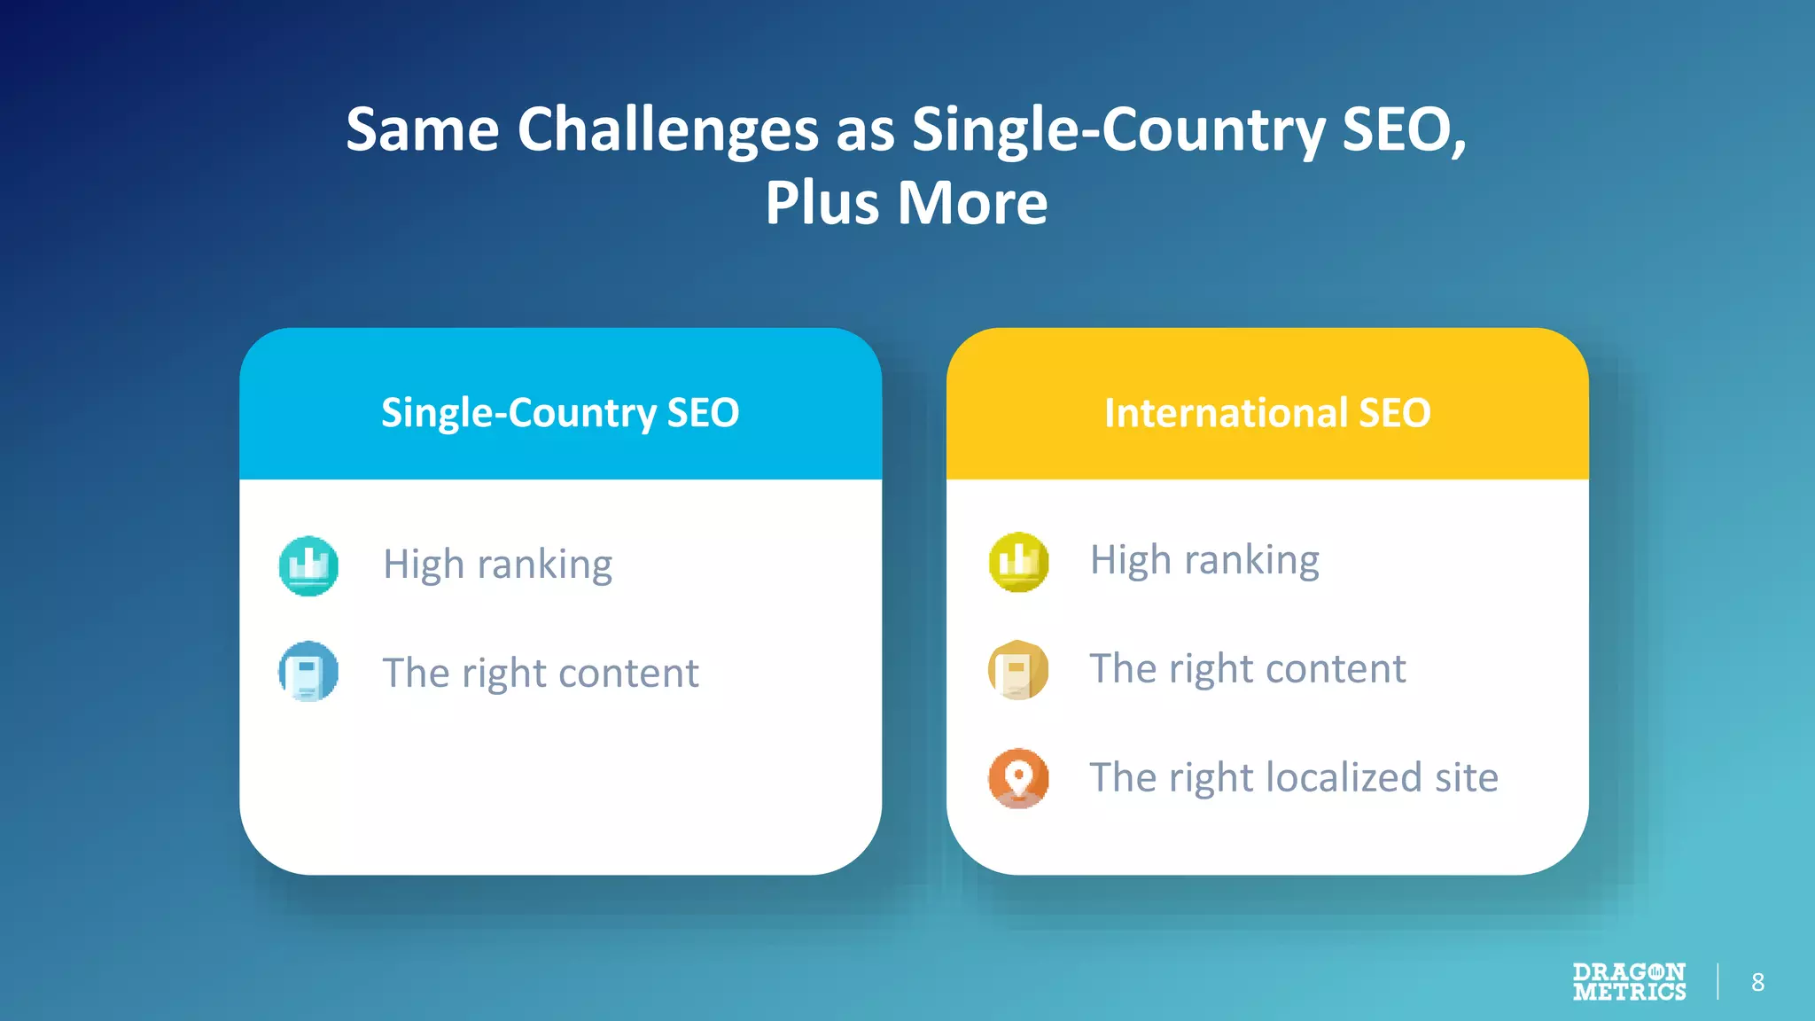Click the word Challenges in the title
[x=667, y=130]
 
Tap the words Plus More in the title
[x=906, y=203]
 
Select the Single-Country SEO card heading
[x=560, y=413]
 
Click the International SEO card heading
[x=1267, y=413]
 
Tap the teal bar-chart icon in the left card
[x=308, y=565]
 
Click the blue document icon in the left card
[x=308, y=671]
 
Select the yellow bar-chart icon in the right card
[x=1018, y=562]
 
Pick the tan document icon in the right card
[x=1018, y=669]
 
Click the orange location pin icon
[x=1018, y=778]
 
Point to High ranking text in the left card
[x=497, y=565]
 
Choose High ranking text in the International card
[x=1204, y=560]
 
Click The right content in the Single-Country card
[x=540, y=673]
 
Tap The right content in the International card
[x=1247, y=668]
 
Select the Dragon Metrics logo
[x=1629, y=982]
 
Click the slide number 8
[x=1757, y=982]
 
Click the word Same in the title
[x=423, y=130]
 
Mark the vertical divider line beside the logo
[x=1718, y=981]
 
